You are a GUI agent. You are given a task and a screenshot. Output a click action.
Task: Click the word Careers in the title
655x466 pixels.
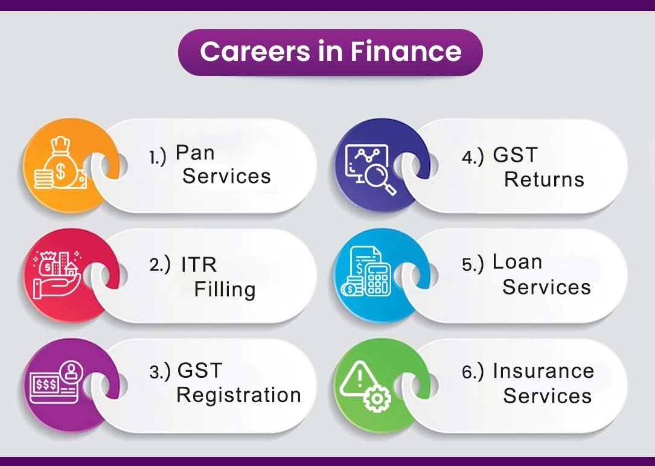tap(255, 52)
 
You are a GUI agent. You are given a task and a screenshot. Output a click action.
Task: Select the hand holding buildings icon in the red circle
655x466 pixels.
tap(56, 275)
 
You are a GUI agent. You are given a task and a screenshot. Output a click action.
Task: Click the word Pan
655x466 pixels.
tap(195, 153)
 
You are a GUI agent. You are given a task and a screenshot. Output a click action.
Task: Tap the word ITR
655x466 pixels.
tap(199, 264)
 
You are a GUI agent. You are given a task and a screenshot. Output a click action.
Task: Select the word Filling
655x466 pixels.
tap(225, 290)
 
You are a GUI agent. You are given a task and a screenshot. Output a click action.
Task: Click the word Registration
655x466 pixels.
tap(238, 395)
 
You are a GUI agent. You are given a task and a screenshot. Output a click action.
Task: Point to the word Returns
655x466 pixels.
tap(544, 180)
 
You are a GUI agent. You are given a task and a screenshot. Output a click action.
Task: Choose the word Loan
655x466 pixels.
tap(517, 262)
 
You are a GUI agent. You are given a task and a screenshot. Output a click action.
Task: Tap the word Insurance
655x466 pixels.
tap(543, 371)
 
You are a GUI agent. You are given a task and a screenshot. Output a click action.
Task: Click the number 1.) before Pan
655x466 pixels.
tap(158, 158)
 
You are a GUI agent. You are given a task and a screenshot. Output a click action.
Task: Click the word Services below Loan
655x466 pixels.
tap(546, 287)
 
